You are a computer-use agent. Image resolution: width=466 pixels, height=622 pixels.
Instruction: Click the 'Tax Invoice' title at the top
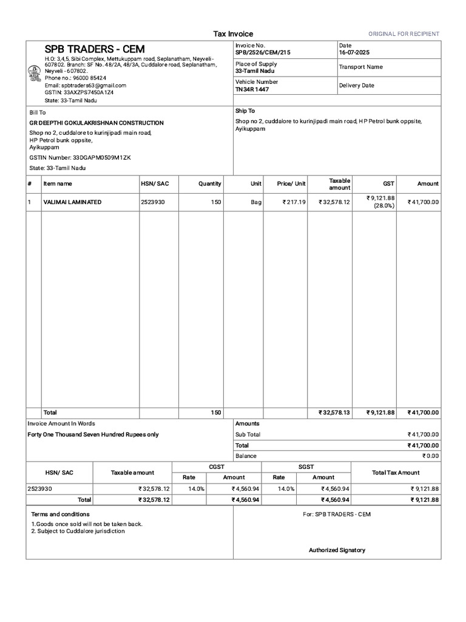[233, 34]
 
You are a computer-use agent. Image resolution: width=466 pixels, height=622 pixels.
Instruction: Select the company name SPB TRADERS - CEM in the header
[95, 49]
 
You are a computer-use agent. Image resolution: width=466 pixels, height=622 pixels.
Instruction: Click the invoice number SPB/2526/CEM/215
[263, 53]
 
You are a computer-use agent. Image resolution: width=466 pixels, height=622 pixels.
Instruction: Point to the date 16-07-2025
[355, 53]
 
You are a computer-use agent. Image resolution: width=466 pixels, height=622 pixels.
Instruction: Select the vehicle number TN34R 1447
[252, 89]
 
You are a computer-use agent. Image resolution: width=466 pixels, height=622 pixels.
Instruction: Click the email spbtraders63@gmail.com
[86, 86]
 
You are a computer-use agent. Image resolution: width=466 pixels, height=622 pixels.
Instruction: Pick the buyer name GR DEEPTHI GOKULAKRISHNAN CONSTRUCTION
[96, 123]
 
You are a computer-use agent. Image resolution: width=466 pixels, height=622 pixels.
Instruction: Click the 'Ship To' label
[245, 111]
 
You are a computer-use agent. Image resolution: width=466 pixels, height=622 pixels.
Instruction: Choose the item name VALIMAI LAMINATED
[72, 202]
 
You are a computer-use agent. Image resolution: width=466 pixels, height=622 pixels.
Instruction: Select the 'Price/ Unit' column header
[291, 183]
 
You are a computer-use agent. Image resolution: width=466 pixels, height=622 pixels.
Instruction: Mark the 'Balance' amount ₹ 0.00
[431, 456]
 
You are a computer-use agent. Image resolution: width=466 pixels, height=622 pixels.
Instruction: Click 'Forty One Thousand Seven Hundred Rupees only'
[93, 435]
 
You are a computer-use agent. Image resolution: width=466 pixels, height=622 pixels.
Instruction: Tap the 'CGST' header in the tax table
[217, 466]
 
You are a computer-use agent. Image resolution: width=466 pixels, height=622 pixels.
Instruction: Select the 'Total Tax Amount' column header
[396, 472]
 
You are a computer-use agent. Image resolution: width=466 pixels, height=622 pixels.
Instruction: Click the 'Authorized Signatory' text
[337, 550]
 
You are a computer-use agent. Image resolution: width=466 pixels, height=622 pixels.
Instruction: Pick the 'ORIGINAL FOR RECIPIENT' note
[404, 34]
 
